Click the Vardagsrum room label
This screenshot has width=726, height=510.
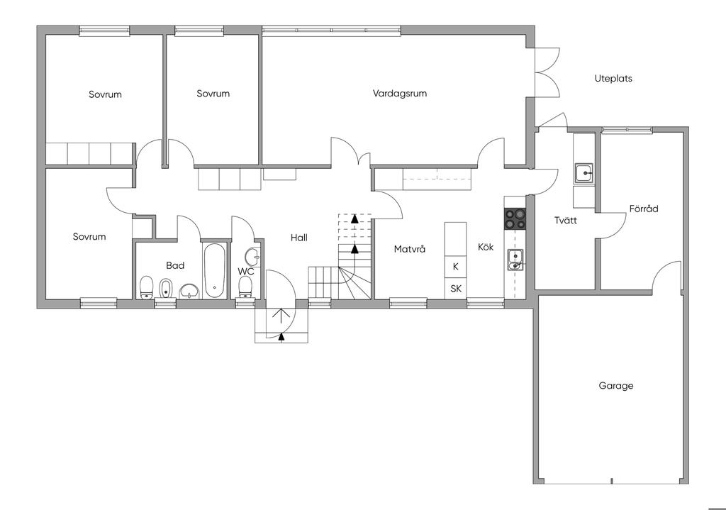(x=400, y=94)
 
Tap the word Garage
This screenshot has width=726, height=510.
(x=616, y=386)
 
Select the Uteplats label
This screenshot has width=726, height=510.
(x=613, y=79)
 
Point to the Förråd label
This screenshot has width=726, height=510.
(x=644, y=209)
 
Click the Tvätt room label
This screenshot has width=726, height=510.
(x=566, y=220)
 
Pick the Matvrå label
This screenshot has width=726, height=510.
(x=409, y=249)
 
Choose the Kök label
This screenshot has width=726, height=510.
(x=486, y=247)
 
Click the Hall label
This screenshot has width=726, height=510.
(x=299, y=238)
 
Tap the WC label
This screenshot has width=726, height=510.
(x=246, y=272)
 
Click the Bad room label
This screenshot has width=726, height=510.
(x=175, y=265)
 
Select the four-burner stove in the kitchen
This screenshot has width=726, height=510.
(x=515, y=218)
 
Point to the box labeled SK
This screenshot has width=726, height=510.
(x=456, y=289)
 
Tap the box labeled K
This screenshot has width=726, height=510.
(x=456, y=267)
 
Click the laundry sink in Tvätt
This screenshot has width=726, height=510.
(x=584, y=174)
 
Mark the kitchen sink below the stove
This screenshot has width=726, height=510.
(x=515, y=260)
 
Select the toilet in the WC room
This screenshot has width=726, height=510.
(x=245, y=289)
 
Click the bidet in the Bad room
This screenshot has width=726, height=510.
(x=165, y=289)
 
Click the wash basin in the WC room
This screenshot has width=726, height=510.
(x=253, y=255)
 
